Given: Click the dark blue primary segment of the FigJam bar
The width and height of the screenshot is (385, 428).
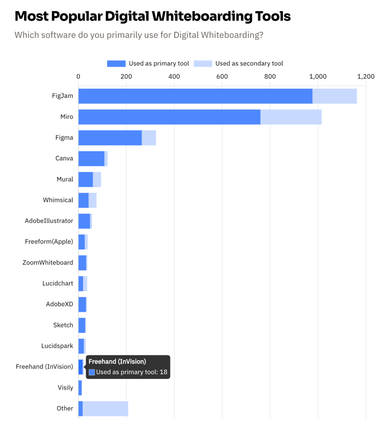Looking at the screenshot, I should [195, 96].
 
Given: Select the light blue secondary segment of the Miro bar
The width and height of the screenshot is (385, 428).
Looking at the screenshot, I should [291, 117].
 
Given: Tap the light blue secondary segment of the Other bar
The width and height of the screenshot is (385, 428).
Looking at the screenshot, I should [105, 408].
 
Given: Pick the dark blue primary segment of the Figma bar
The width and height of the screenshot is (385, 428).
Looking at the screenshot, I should [110, 138].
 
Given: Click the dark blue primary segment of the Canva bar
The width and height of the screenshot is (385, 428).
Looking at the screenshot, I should [91, 158].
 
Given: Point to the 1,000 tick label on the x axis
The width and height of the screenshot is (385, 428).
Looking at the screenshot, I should [318, 77].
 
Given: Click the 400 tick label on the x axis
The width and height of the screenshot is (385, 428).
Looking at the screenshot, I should [174, 77].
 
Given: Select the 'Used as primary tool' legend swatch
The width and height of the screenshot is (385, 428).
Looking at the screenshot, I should [116, 64].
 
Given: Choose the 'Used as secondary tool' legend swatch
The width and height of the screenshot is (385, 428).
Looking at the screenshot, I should [203, 64].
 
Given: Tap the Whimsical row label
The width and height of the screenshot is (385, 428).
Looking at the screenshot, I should [58, 200].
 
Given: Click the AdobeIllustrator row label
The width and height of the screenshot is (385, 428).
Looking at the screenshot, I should [49, 221].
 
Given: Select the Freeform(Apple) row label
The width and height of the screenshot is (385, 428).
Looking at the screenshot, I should [49, 241].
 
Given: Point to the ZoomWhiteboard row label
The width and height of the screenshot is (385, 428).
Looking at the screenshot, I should [48, 262].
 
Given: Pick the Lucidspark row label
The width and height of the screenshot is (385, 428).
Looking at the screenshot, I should [57, 345].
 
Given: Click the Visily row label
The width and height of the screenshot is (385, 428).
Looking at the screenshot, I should [65, 388].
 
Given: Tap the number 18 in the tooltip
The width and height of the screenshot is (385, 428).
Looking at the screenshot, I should [163, 372].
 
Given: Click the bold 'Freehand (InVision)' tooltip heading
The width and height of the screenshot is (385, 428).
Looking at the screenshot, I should [117, 361].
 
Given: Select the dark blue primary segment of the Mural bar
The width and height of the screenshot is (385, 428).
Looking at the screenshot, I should [86, 179].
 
